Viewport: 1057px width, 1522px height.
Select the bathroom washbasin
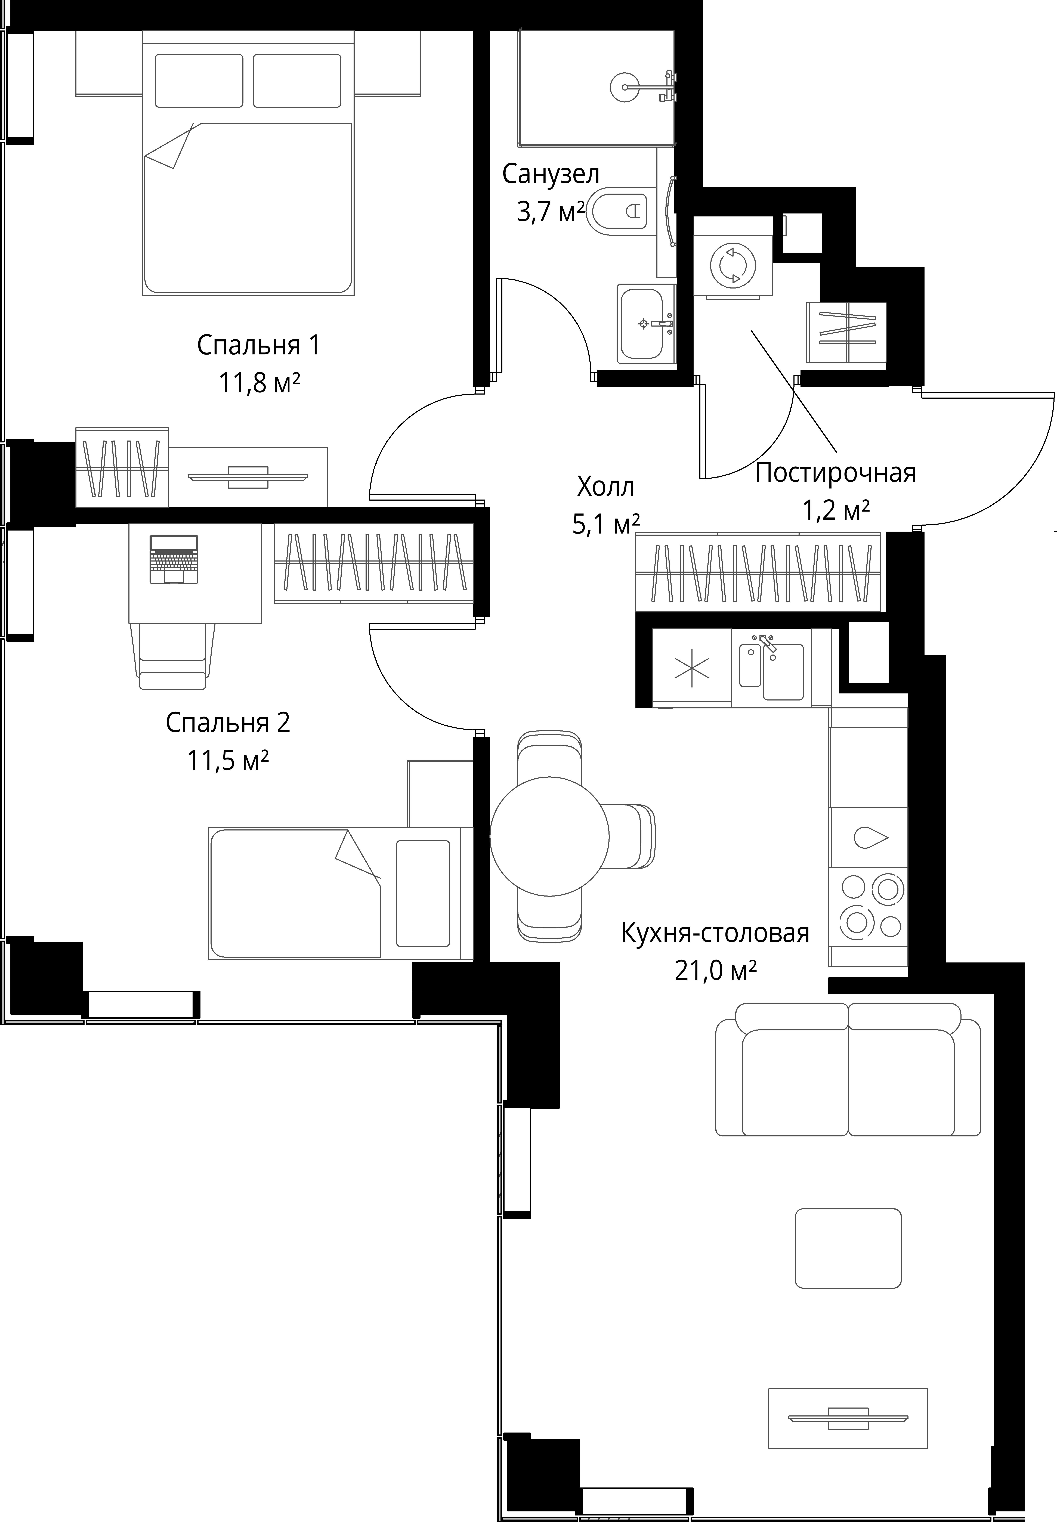646,324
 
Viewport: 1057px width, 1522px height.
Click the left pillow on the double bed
199,80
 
